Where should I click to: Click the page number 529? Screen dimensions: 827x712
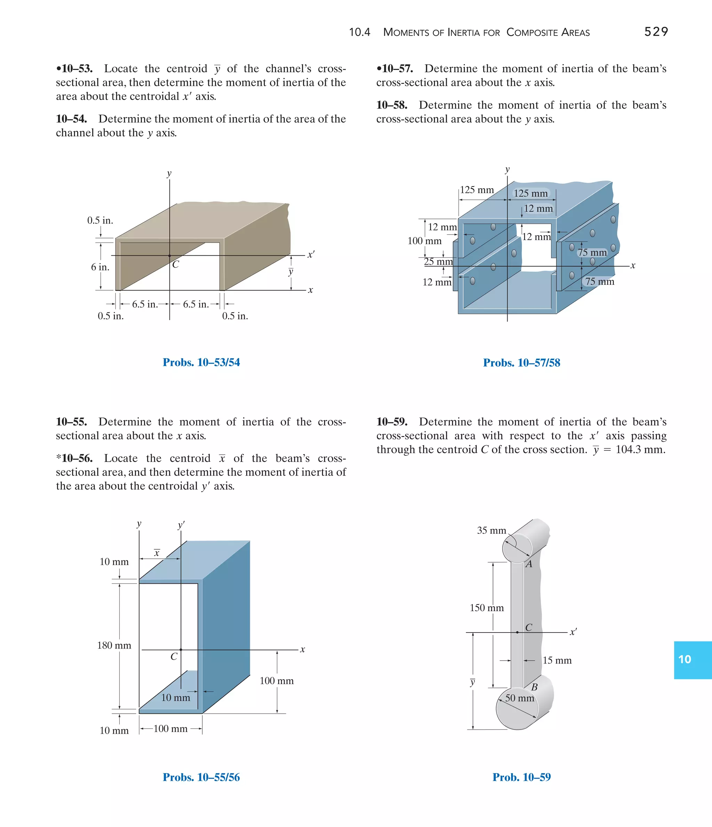pos(656,32)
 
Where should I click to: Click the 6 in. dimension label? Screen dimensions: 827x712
pos(100,267)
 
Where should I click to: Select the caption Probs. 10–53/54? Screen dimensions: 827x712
pos(201,362)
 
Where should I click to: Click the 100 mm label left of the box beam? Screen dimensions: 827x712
pos(424,241)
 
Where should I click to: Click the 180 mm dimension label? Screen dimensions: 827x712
pos(114,645)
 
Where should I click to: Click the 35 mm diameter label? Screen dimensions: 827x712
pos(492,531)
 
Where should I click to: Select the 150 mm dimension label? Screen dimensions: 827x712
pos(487,608)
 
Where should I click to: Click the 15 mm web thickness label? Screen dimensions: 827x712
pos(557,661)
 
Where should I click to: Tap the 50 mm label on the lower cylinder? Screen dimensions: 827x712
pos(519,698)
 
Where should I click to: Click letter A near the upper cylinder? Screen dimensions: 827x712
pos(529,564)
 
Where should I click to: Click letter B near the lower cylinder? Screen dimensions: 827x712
pos(534,687)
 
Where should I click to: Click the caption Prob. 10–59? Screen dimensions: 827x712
pos(521,777)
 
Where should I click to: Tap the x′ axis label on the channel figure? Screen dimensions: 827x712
pos(311,254)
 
